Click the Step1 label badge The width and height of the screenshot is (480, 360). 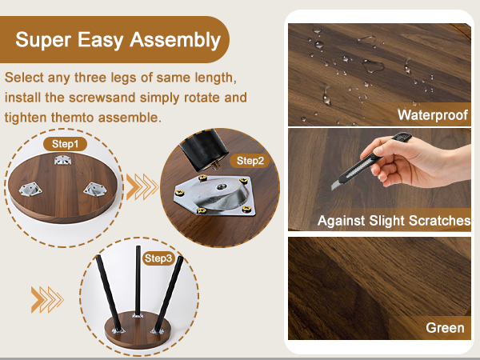click(66, 144)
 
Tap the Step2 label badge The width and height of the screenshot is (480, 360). click(250, 161)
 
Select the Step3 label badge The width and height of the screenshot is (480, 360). click(158, 258)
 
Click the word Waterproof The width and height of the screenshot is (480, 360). click(433, 114)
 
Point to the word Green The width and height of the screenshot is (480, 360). click(445, 328)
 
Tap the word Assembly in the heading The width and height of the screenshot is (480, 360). click(175, 40)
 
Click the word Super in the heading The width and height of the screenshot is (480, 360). click(43, 40)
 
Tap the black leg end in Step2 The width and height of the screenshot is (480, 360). click(204, 149)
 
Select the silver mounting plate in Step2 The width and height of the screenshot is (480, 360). click(215, 195)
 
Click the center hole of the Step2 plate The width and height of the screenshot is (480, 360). click(221, 186)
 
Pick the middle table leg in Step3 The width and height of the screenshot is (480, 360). click(138, 281)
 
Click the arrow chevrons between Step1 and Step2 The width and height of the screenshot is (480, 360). click(142, 186)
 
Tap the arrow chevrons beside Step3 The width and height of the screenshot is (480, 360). click(47, 299)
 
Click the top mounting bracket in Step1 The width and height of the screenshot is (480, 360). click(62, 159)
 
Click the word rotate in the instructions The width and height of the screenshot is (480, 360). click(202, 98)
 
